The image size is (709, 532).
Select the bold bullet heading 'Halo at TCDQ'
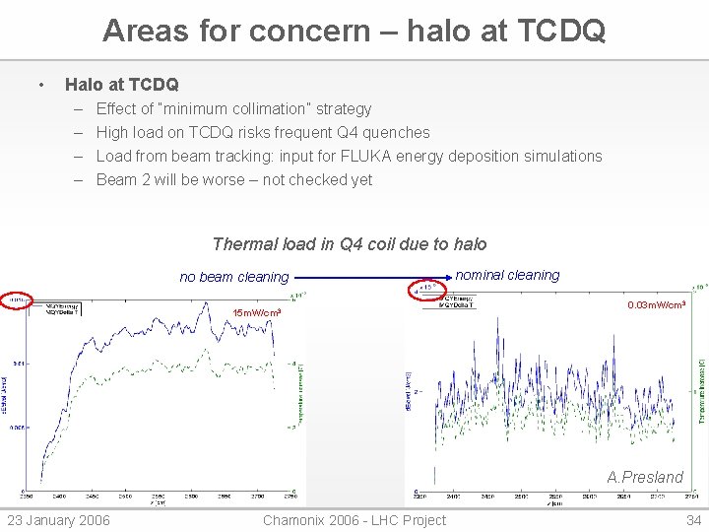pyautogui.click(x=121, y=85)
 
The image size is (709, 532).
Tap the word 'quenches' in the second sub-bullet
pyautogui.click(x=397, y=132)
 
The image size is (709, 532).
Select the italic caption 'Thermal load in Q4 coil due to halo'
pyautogui.click(x=350, y=243)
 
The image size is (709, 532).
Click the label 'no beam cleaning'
pyautogui.click(x=233, y=277)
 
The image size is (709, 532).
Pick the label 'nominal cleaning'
pyautogui.click(x=507, y=275)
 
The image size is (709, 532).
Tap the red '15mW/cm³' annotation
pyautogui.click(x=256, y=313)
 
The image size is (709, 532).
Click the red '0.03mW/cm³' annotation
pyautogui.click(x=655, y=305)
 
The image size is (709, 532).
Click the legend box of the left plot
pyautogui.click(x=57, y=308)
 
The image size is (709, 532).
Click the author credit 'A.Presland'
pyautogui.click(x=645, y=477)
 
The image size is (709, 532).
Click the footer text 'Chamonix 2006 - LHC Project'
pyautogui.click(x=354, y=520)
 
